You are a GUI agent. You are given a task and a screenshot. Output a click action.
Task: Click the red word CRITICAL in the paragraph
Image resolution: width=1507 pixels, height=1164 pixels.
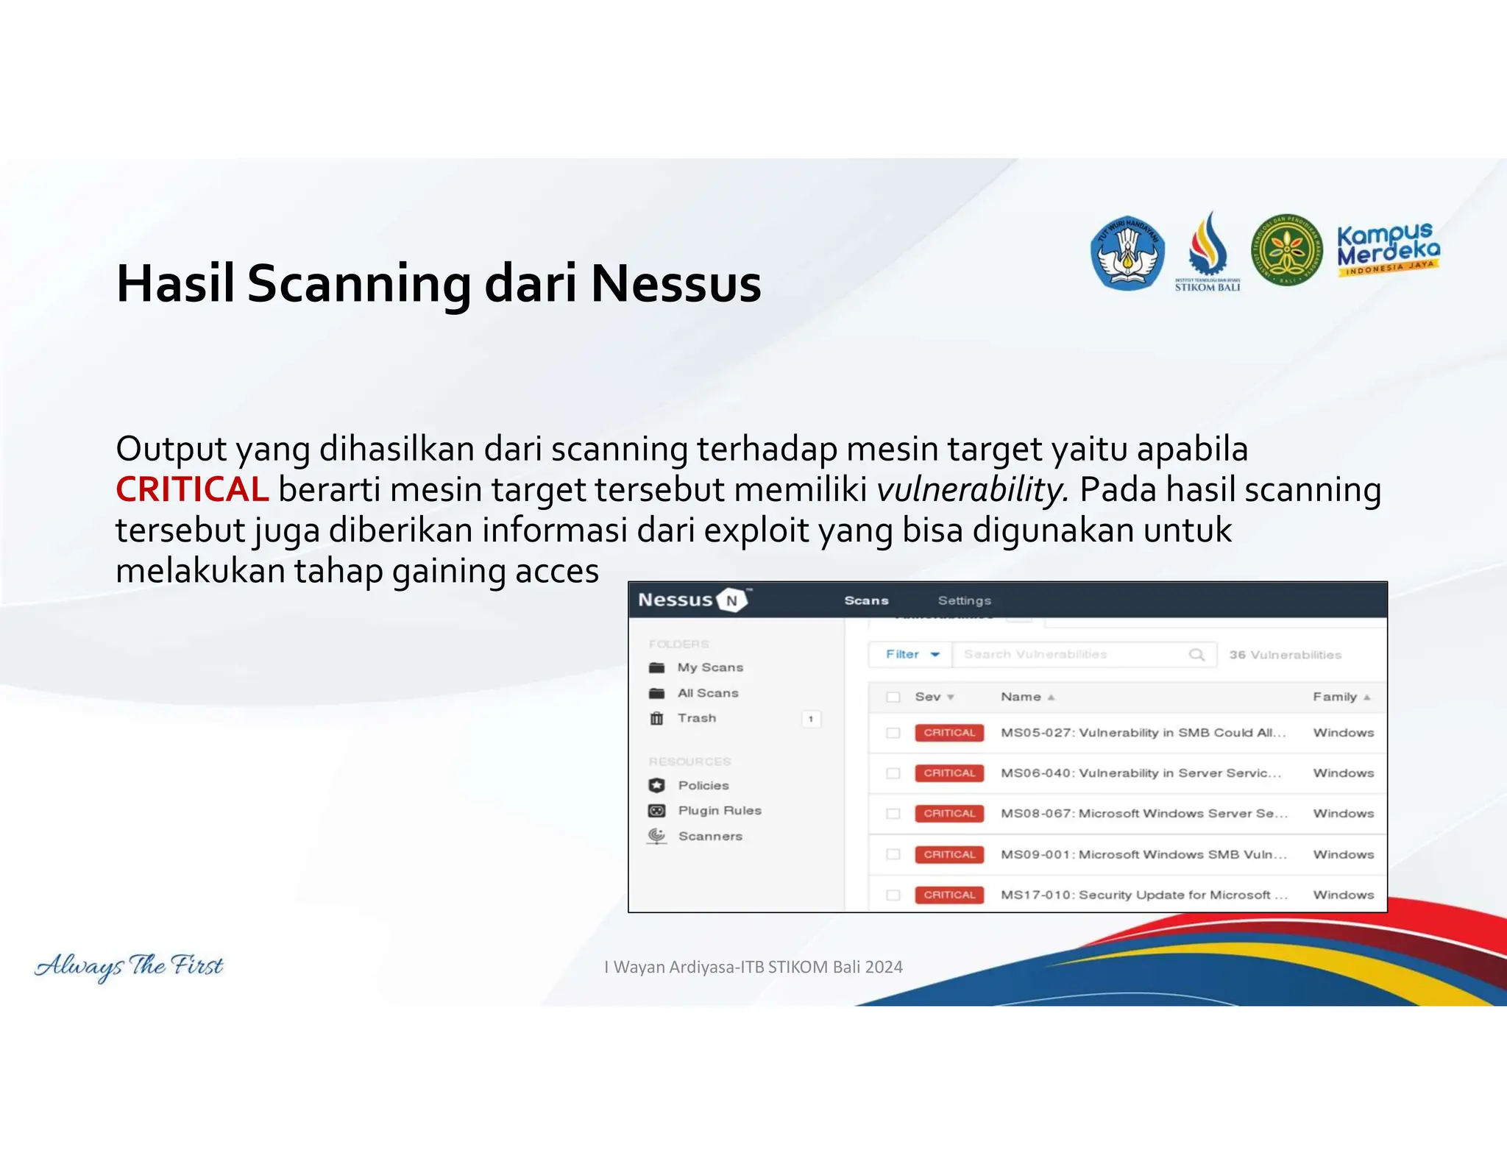click(192, 490)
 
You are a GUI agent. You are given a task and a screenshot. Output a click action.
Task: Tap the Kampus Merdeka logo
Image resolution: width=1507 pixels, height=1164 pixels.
click(1388, 249)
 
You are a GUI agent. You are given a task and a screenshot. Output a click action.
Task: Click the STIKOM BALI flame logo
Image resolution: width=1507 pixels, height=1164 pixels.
click(1208, 250)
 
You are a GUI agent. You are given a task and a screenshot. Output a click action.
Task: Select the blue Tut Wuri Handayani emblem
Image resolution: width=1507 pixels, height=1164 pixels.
click(1127, 252)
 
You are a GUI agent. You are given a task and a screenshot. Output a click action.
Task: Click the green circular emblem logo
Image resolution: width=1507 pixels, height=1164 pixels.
click(1286, 250)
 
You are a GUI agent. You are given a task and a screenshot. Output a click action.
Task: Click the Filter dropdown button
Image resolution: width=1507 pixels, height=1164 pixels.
click(911, 654)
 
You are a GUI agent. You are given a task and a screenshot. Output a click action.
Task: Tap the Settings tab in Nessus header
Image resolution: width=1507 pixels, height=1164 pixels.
click(964, 600)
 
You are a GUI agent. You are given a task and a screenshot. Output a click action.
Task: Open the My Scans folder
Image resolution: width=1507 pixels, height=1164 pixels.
click(709, 667)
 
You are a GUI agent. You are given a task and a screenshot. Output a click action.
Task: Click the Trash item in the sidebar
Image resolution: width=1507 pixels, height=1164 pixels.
click(696, 718)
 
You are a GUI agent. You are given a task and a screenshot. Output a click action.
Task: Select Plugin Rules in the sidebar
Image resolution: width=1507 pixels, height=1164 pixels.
click(719, 810)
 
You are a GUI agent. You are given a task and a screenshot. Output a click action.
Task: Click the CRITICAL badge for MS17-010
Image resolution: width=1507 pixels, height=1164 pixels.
click(949, 895)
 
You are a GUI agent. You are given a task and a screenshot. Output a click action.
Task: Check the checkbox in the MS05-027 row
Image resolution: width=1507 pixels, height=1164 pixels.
click(893, 733)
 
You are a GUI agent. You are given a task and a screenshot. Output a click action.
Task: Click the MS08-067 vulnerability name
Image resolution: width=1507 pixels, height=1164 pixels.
click(1143, 813)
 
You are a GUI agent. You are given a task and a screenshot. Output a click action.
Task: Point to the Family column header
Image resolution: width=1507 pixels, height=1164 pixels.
click(1335, 697)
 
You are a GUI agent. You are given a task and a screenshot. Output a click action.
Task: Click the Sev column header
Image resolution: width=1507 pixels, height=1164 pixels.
click(929, 697)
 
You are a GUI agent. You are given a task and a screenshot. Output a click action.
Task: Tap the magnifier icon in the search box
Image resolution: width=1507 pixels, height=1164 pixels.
click(1196, 654)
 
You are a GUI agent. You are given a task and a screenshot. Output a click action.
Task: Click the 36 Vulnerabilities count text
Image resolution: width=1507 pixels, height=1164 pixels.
click(1285, 655)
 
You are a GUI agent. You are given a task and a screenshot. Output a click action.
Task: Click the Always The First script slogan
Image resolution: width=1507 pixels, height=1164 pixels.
click(130, 965)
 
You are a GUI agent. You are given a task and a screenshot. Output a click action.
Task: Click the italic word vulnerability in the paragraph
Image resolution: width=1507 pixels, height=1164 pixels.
click(971, 490)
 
